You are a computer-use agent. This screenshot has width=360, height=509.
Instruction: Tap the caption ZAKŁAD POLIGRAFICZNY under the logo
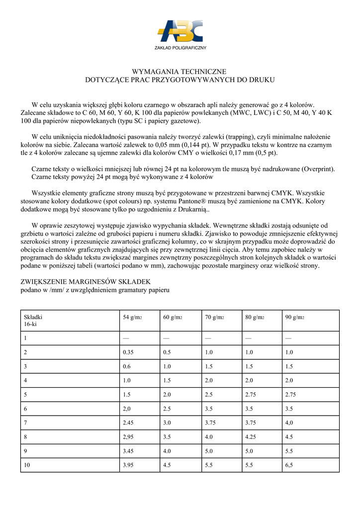[x=180, y=48]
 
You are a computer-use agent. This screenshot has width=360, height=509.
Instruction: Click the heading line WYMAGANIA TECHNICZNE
[x=180, y=72]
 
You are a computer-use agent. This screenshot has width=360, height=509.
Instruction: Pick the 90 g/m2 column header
[x=295, y=317]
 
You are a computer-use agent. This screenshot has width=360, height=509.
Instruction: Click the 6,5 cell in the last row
[x=289, y=465]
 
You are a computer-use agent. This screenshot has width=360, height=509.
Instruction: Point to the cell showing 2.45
[x=129, y=423]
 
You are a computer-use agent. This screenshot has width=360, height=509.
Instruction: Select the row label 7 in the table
[x=25, y=423]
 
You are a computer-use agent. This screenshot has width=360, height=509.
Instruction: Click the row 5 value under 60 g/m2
[x=168, y=395]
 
